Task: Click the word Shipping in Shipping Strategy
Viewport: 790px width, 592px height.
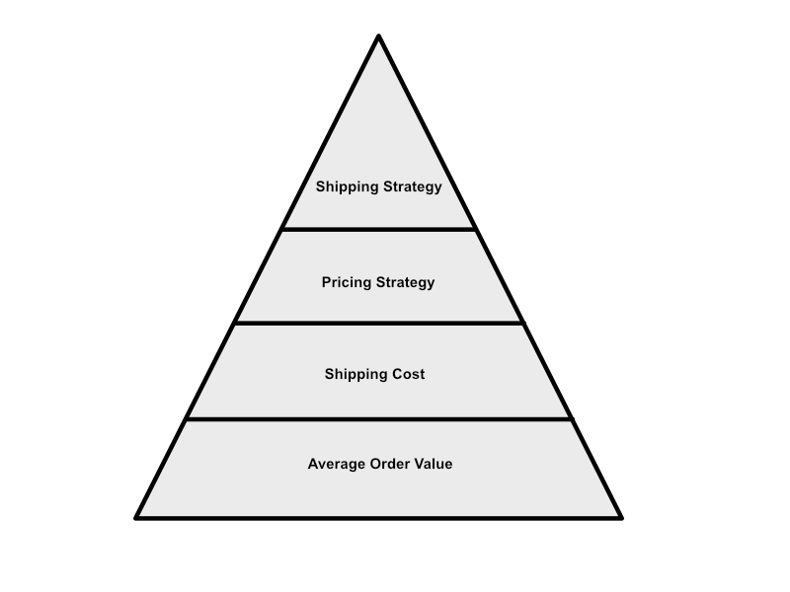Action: (x=348, y=186)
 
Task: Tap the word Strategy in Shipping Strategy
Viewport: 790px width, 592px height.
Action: (x=413, y=186)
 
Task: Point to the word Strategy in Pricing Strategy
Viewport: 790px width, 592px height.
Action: (x=406, y=282)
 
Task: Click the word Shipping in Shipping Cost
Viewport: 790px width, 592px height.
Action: (x=356, y=374)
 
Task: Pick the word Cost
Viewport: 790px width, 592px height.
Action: (x=409, y=374)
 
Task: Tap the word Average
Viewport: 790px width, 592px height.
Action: (x=337, y=464)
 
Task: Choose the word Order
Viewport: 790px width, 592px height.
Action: (x=389, y=464)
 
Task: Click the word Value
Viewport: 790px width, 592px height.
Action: (x=434, y=464)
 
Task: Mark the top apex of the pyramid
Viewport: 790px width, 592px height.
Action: (x=379, y=36)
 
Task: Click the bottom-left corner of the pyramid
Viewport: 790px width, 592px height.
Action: (x=136, y=517)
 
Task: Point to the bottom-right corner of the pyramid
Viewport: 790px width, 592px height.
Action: (x=622, y=517)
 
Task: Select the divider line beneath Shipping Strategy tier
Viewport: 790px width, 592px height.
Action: (x=379, y=230)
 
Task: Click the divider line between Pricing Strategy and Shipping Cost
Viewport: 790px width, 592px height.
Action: (x=379, y=324)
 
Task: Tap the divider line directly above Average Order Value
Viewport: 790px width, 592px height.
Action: (x=379, y=418)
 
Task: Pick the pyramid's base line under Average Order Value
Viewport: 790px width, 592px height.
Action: (x=379, y=517)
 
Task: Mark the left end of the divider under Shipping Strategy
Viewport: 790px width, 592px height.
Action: (x=282, y=230)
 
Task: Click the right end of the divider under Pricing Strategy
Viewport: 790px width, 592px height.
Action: (x=523, y=324)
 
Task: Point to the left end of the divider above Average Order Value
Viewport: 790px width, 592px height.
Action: (x=187, y=418)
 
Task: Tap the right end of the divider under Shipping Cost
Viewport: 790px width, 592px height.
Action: (x=573, y=418)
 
